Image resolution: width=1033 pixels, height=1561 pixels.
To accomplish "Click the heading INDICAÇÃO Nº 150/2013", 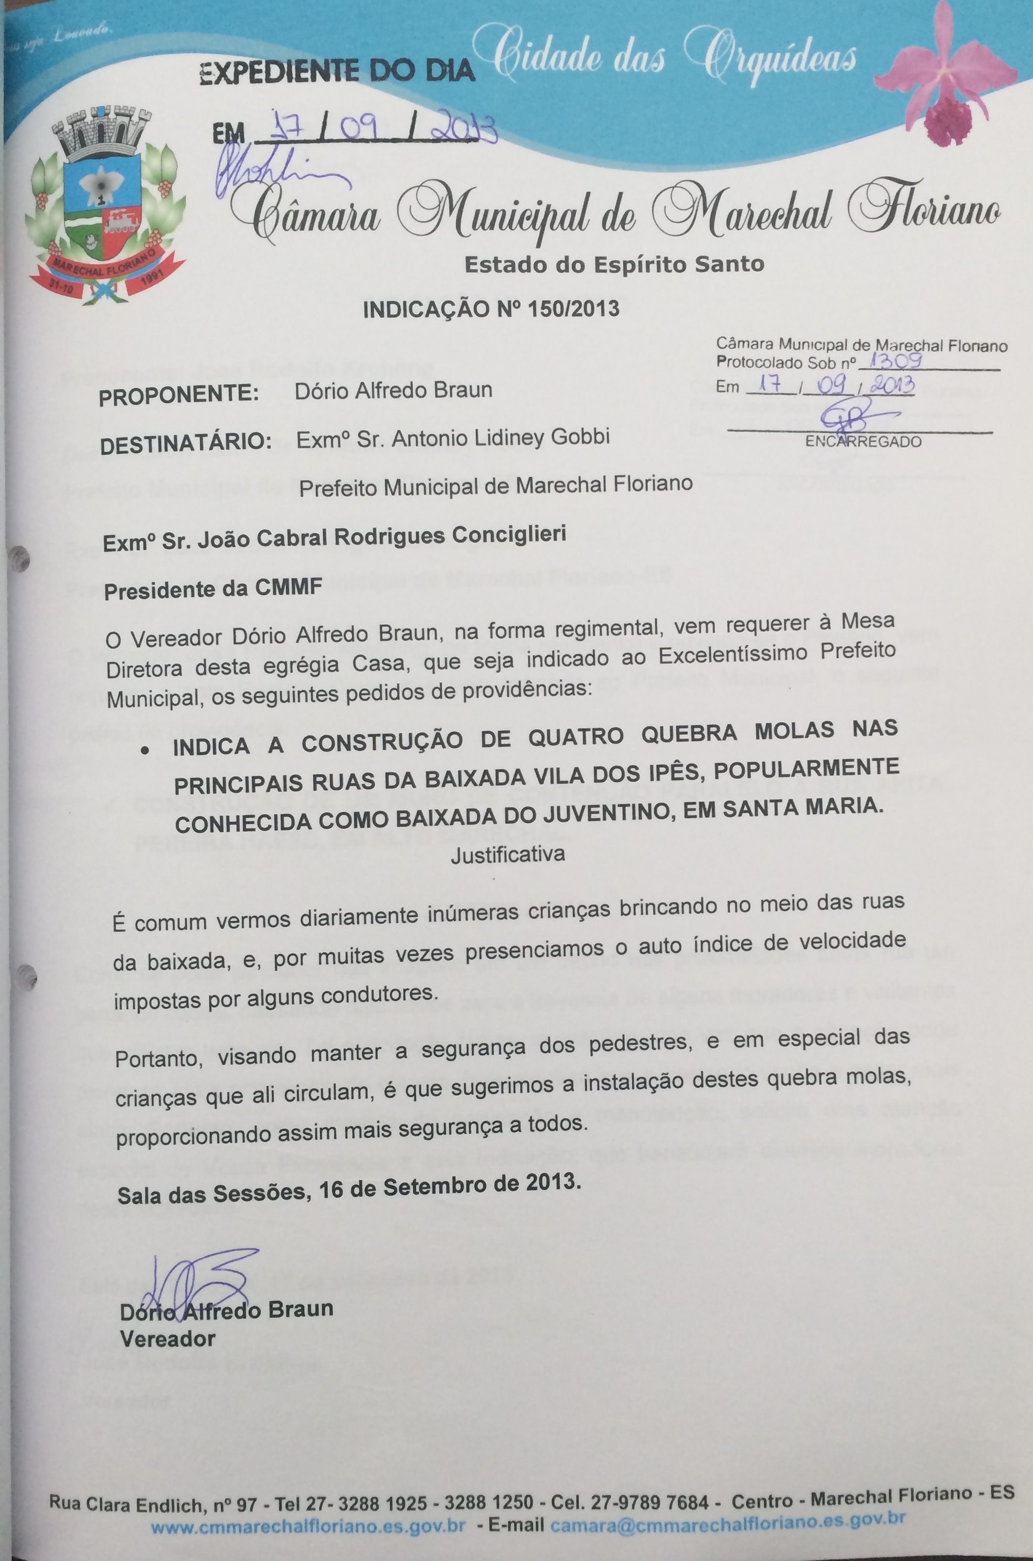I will coord(491,309).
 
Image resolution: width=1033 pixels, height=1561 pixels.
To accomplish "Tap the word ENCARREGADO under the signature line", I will coord(863,442).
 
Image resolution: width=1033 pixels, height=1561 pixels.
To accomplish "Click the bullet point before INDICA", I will coord(151,750).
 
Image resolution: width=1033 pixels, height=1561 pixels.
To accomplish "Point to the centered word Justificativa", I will coord(507,855).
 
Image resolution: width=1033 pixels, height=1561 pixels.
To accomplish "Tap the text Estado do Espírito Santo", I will coord(614,265).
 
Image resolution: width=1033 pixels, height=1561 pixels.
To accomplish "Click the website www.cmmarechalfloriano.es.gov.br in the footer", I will coord(308,1526).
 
